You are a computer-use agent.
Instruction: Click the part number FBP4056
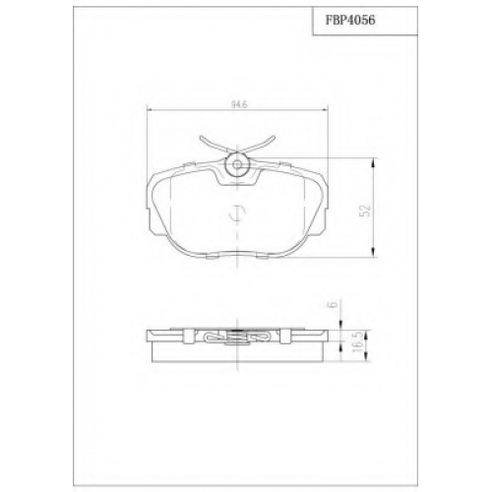pyautogui.click(x=350, y=21)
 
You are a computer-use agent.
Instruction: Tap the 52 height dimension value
pyautogui.click(x=366, y=211)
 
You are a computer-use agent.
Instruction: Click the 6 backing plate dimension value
pyautogui.click(x=334, y=304)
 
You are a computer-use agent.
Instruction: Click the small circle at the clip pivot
pyautogui.click(x=237, y=164)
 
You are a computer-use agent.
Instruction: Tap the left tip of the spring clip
pyautogui.click(x=201, y=137)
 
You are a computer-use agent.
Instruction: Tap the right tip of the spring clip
pyautogui.click(x=275, y=137)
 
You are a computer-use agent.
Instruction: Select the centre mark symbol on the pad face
pyautogui.click(x=237, y=214)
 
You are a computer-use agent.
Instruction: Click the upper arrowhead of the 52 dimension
pyautogui.click(x=373, y=162)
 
